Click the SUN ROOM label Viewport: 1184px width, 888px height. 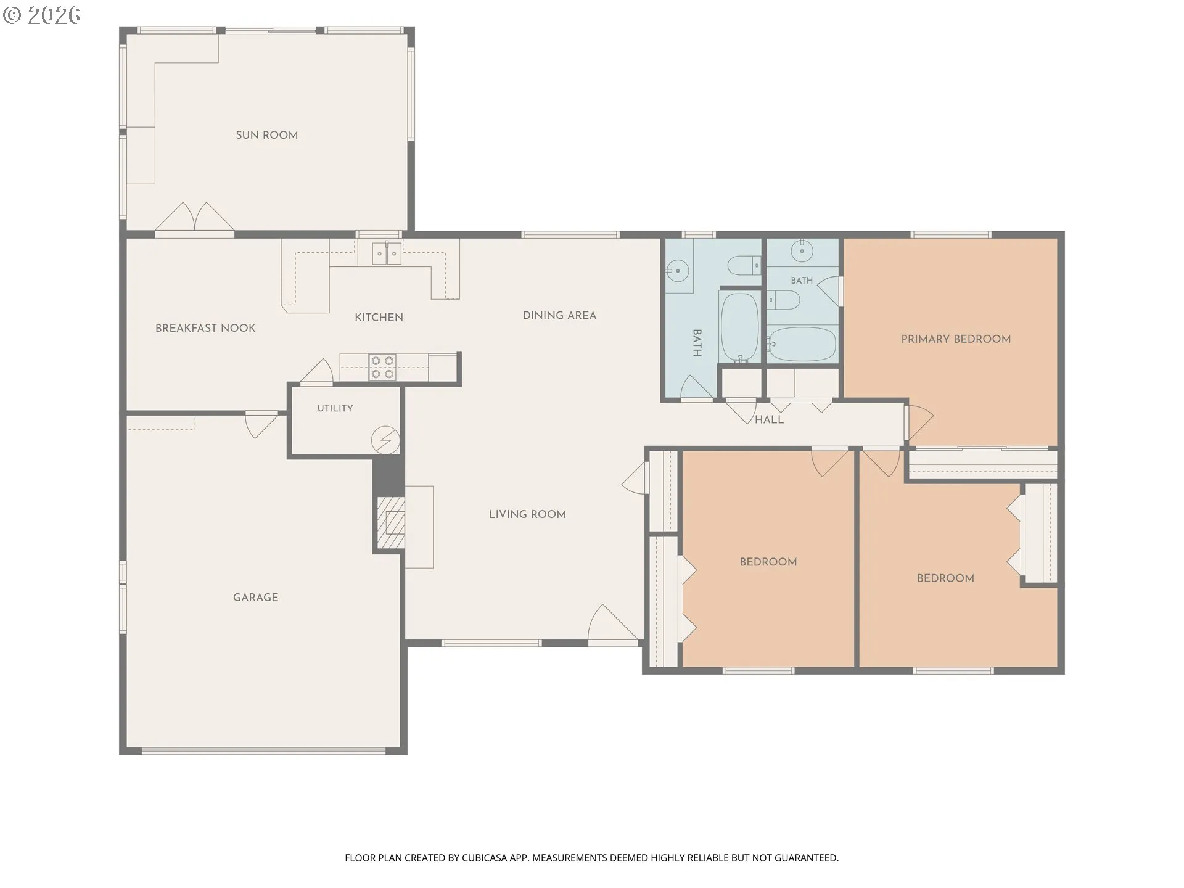266,135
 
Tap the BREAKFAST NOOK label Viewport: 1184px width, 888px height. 205,328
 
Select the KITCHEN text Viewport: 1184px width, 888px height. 379,318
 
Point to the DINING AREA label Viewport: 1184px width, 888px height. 559,316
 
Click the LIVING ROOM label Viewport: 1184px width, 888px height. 527,514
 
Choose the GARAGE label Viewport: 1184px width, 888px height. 255,598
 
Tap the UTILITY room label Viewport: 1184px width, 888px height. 335,408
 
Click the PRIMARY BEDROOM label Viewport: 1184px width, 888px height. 956,339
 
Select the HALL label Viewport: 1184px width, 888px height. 769,419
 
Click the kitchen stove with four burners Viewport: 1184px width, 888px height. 382,368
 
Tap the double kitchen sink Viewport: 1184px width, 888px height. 387,253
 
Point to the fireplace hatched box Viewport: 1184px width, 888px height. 391,522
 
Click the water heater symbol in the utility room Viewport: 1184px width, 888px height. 385,440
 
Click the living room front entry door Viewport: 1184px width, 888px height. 613,625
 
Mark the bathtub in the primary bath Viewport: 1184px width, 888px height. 802,344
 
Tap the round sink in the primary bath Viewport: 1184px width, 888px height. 802,251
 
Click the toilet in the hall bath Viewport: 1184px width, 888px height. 744,266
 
